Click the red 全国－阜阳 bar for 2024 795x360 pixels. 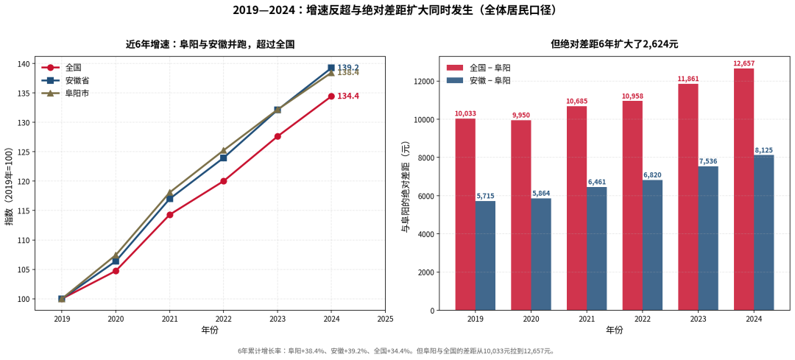coord(743,189)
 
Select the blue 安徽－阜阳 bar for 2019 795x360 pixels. coord(485,255)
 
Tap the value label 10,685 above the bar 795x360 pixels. coord(577,102)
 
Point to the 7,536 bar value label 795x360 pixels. coord(708,162)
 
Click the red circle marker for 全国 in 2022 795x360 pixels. coord(224,181)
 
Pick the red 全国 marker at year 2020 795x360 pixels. coord(116,271)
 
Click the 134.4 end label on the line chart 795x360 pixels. coord(348,96)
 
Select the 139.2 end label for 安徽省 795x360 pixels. coord(348,68)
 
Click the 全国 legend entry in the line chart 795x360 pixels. coord(61,68)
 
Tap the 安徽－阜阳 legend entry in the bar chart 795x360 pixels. coord(478,81)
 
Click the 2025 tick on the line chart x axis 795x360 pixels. coord(385,320)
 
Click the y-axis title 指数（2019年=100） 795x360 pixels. coord(10,183)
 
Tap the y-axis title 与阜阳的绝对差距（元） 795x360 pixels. coord(405,188)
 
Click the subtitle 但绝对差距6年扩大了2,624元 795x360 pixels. coord(615,45)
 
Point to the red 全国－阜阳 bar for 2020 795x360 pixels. coord(521,215)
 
